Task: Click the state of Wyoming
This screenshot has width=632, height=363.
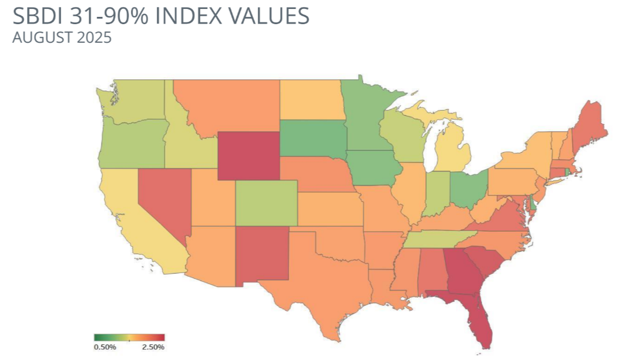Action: pos(248,156)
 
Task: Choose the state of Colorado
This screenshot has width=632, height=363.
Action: pos(266,203)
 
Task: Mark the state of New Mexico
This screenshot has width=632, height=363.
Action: pos(261,256)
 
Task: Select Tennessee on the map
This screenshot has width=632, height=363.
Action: pos(438,239)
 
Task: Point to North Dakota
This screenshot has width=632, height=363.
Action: pos(312,100)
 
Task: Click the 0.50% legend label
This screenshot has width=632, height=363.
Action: pos(104,347)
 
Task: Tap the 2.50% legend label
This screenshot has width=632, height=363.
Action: pos(153,347)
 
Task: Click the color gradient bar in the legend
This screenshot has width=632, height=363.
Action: pos(129,338)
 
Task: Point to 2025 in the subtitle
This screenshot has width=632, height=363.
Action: pos(97,38)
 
